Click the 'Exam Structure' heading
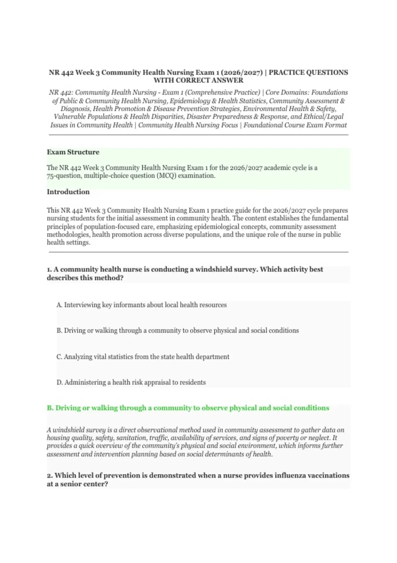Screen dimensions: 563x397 pos(73,152)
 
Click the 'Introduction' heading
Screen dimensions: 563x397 pos(68,192)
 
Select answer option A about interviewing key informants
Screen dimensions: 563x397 pos(142,305)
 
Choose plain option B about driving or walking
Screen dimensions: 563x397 pos(178,331)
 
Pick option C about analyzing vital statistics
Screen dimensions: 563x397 pos(143,357)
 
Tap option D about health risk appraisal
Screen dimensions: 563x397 pos(131,382)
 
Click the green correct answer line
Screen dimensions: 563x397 pos(188,408)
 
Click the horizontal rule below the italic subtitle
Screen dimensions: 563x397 pos(198,135)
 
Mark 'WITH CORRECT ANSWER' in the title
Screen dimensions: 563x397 pos(198,80)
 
